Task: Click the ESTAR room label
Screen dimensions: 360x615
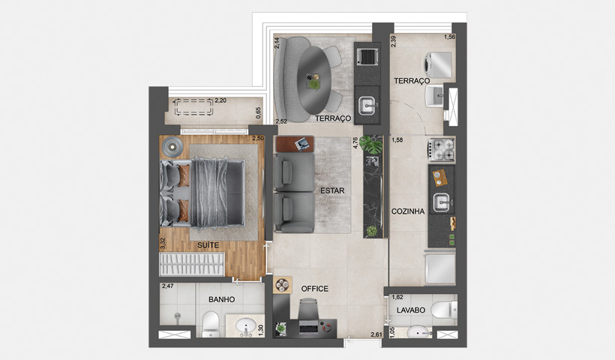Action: tap(331, 190)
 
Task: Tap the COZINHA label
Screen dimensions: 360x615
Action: tap(408, 211)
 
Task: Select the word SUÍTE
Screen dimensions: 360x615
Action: tap(208, 245)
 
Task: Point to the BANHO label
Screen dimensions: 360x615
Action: tap(222, 299)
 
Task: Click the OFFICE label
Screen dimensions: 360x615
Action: tap(315, 289)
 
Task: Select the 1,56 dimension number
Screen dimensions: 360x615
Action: tap(448, 37)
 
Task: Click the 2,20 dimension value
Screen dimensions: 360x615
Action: tap(220, 100)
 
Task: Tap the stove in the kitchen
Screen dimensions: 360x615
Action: tap(442, 148)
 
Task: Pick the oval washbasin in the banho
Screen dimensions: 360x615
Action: tap(244, 326)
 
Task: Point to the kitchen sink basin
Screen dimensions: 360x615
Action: tap(442, 200)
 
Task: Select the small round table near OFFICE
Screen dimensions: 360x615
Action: tap(282, 285)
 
